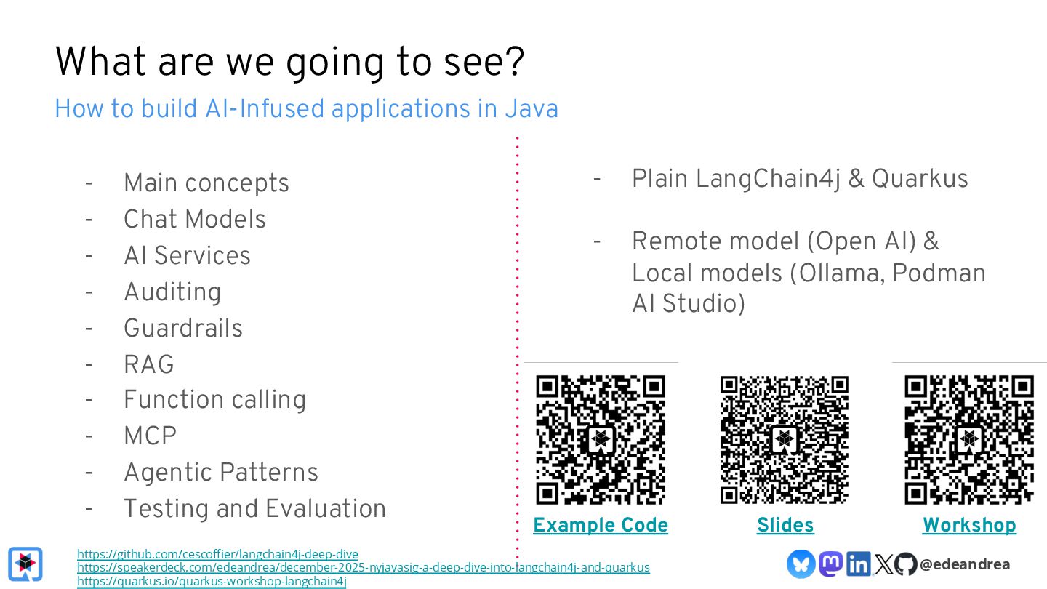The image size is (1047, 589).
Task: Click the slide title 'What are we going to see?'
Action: (289, 62)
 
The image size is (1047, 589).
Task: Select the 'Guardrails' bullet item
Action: (182, 328)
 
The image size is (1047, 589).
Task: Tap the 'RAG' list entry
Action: (149, 364)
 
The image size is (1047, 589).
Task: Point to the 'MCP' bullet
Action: (150, 436)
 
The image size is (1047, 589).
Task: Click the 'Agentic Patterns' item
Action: (220, 473)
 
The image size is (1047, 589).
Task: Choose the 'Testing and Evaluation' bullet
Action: (254, 509)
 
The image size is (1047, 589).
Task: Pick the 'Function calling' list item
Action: (214, 400)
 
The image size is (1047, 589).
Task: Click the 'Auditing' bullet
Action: (172, 292)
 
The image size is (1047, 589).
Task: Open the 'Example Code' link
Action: (601, 525)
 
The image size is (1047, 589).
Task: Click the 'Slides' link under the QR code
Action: (785, 525)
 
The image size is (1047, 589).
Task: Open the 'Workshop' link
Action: (969, 525)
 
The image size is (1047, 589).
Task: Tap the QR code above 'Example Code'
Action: (601, 439)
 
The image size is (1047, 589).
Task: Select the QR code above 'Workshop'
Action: (969, 439)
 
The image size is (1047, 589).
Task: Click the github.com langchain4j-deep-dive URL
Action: (217, 554)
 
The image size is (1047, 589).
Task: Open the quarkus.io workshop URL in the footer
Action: (212, 581)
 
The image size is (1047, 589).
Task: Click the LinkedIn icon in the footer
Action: (858, 564)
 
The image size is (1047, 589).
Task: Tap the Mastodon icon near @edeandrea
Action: (830, 564)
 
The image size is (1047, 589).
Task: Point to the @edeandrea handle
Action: (965, 564)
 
